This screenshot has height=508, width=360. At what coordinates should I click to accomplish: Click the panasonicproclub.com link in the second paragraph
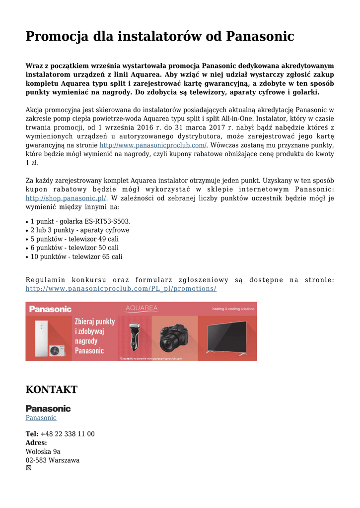[153, 145]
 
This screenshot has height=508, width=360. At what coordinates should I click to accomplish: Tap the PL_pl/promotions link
[121, 289]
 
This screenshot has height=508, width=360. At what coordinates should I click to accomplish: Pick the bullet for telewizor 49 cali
[74, 239]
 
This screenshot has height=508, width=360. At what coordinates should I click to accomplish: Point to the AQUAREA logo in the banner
[142, 308]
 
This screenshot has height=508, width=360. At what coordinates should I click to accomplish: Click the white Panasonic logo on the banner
[50, 309]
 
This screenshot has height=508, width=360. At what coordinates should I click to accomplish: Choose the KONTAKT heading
[52, 389]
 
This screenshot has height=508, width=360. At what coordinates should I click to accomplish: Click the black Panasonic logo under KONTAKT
[48, 409]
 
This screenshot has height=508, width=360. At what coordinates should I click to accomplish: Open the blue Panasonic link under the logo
[41, 418]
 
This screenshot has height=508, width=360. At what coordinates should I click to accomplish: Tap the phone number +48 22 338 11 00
[67, 434]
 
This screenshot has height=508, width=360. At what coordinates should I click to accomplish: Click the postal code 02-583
[36, 460]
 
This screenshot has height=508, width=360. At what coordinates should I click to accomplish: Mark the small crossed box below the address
[28, 468]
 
